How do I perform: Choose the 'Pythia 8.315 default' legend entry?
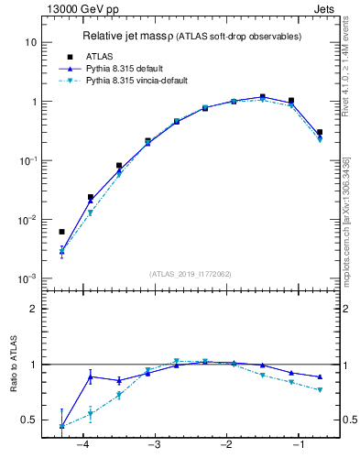click(x=126, y=69)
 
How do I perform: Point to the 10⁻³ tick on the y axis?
click(x=27, y=278)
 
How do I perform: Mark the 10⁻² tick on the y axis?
click(x=27, y=220)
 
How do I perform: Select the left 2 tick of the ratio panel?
click(x=32, y=309)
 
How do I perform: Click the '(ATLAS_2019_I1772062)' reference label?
click(x=191, y=274)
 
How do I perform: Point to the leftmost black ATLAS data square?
click(x=61, y=232)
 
